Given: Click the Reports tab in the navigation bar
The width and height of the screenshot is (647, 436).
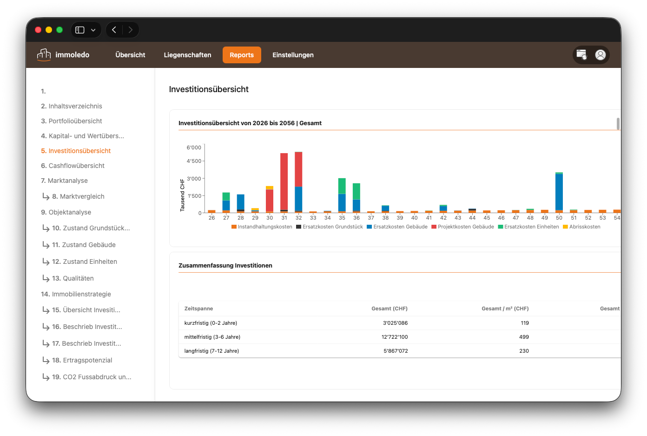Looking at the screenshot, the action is pyautogui.click(x=242, y=55).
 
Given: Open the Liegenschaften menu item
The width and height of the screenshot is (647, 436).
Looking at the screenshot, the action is pyautogui.click(x=187, y=55).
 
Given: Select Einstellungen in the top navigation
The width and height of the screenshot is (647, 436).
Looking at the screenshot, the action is pyautogui.click(x=293, y=55).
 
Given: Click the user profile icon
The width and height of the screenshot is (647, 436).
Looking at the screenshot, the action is pyautogui.click(x=600, y=54).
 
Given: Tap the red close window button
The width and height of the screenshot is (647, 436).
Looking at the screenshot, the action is pyautogui.click(x=38, y=30).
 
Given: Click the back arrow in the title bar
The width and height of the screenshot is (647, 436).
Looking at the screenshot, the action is pyautogui.click(x=114, y=30).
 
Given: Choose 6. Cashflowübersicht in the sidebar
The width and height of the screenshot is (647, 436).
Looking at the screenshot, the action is pyautogui.click(x=73, y=166).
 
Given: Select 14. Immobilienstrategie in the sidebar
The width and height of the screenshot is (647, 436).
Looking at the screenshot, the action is pyautogui.click(x=76, y=294).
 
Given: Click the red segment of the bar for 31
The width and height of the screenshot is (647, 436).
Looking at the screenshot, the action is pyautogui.click(x=284, y=181).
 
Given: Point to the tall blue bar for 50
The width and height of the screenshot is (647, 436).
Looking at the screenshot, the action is pyautogui.click(x=559, y=192).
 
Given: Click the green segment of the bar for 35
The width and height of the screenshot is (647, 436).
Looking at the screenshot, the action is pyautogui.click(x=342, y=186).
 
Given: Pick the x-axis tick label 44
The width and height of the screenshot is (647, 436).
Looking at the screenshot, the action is pyautogui.click(x=472, y=218).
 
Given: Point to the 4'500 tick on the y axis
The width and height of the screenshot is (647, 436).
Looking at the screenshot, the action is pyautogui.click(x=194, y=161).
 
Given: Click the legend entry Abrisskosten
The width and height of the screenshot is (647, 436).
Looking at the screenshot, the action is pyautogui.click(x=581, y=227).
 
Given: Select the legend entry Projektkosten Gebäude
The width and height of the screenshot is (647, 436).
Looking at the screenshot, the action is pyautogui.click(x=462, y=227).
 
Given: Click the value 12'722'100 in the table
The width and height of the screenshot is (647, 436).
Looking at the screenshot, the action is pyautogui.click(x=395, y=337).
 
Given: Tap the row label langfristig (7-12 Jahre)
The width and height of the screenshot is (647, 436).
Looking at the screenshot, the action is pyautogui.click(x=212, y=351).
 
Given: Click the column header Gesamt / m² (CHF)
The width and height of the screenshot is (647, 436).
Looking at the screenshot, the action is pyautogui.click(x=505, y=309).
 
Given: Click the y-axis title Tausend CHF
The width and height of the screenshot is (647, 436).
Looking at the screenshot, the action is pyautogui.click(x=182, y=195).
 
